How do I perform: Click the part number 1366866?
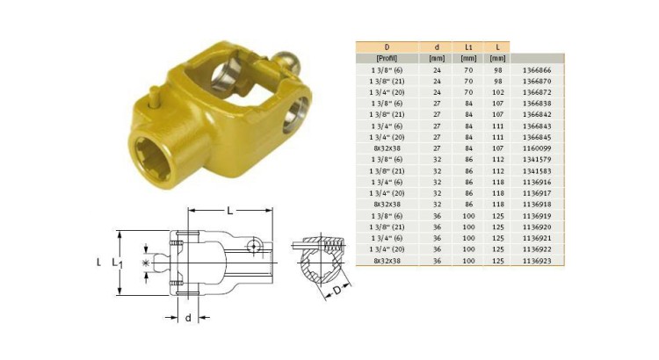pyautogui.click(x=537, y=68)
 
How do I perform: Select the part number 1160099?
pyautogui.click(x=537, y=148)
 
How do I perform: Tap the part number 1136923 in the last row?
pyautogui.click(x=537, y=261)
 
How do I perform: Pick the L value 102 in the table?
pyautogui.click(x=497, y=90)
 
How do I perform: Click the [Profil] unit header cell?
pyautogui.click(x=387, y=57)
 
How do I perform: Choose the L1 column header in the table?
pyautogui.click(x=467, y=46)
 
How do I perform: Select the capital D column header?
pyautogui.click(x=387, y=46)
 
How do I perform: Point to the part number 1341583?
pyautogui.click(x=537, y=170)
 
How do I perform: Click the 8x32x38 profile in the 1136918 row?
pyautogui.click(x=387, y=204)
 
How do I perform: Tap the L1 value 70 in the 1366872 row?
pyautogui.click(x=467, y=90)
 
